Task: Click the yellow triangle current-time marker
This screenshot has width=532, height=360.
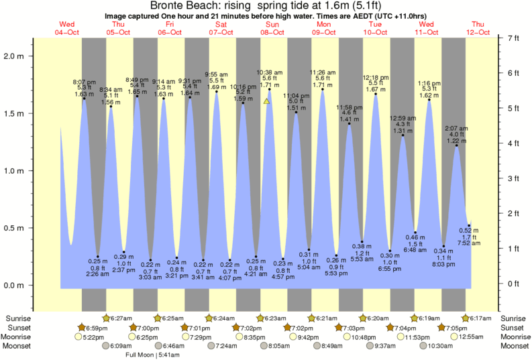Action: pos(266,102)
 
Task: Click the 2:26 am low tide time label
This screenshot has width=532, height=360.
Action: pos(98,274)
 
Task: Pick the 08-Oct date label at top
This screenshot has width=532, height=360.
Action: pos(273,32)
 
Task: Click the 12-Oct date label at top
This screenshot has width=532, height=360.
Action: pos(479,32)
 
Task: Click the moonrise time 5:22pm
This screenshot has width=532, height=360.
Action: pos(94,337)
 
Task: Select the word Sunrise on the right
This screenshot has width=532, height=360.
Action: pos(515,318)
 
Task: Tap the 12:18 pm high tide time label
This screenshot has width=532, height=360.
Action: pos(375,77)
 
